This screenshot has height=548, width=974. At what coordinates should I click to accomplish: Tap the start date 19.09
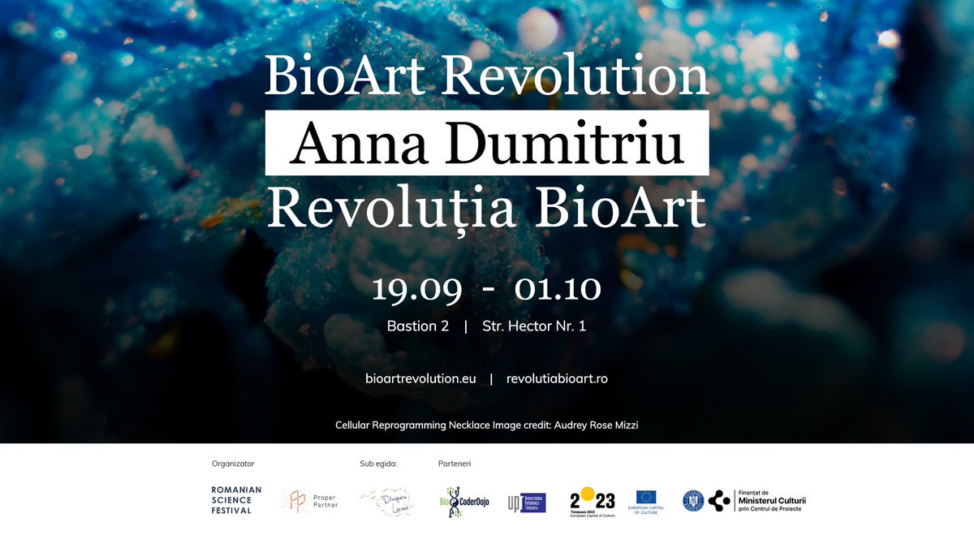point(417,289)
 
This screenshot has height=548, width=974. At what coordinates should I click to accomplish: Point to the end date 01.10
point(557,289)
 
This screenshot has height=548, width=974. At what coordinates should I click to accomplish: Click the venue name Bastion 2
point(418,327)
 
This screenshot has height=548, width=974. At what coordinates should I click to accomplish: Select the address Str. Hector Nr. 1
point(535,327)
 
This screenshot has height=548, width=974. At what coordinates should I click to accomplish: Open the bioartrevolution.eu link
point(420,379)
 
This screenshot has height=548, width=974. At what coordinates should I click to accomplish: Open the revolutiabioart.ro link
point(557,379)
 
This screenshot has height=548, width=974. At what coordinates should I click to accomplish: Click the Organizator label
point(233,464)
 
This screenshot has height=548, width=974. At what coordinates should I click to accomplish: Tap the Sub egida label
point(378,464)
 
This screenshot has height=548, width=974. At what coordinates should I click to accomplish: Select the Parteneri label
point(455,464)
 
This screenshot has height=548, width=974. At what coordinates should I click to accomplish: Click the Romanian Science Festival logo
point(236,500)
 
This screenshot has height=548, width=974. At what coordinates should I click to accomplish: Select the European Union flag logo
point(646,497)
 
